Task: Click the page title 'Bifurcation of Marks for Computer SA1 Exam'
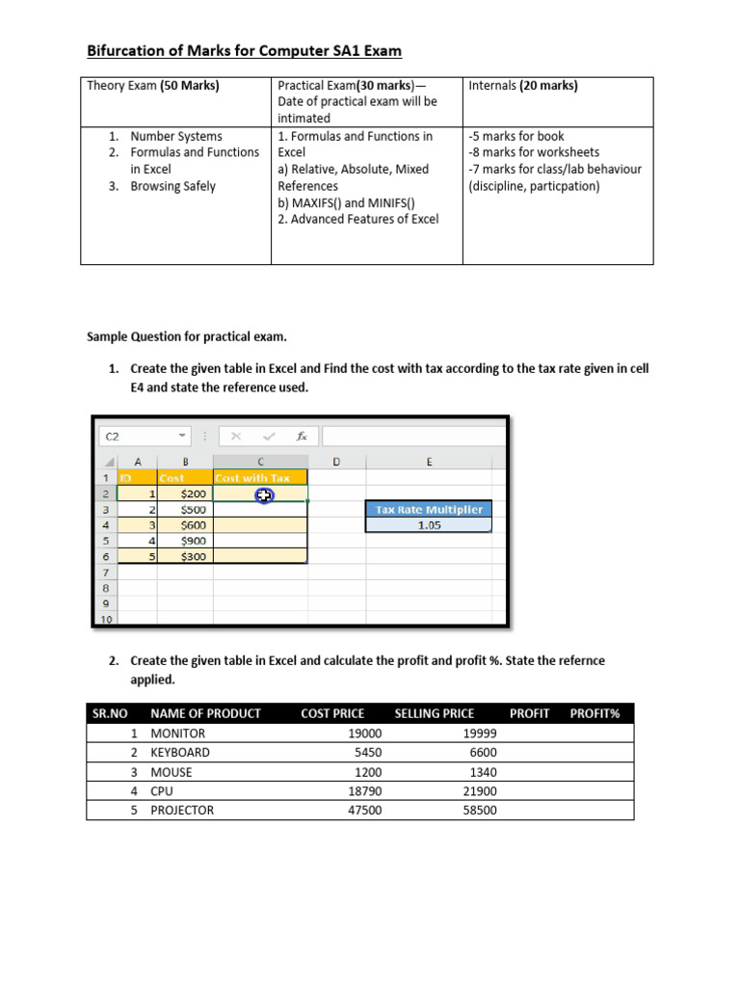click(x=244, y=51)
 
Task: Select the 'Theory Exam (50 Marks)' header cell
click(x=153, y=86)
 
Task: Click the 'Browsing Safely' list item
click(x=172, y=186)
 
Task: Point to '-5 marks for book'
click(x=516, y=136)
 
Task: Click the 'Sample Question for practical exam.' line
click(x=187, y=337)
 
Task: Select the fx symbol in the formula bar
click(x=302, y=437)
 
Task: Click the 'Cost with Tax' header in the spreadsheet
click(x=252, y=478)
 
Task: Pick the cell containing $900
click(x=193, y=541)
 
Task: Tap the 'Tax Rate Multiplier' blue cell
click(x=430, y=509)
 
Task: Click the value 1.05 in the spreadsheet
click(x=430, y=525)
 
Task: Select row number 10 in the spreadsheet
click(x=106, y=619)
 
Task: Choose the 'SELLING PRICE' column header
click(x=434, y=713)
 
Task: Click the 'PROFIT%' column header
click(x=595, y=713)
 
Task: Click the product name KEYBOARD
click(x=179, y=752)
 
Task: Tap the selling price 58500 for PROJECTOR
click(x=480, y=810)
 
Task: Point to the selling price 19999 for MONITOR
click(x=480, y=733)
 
